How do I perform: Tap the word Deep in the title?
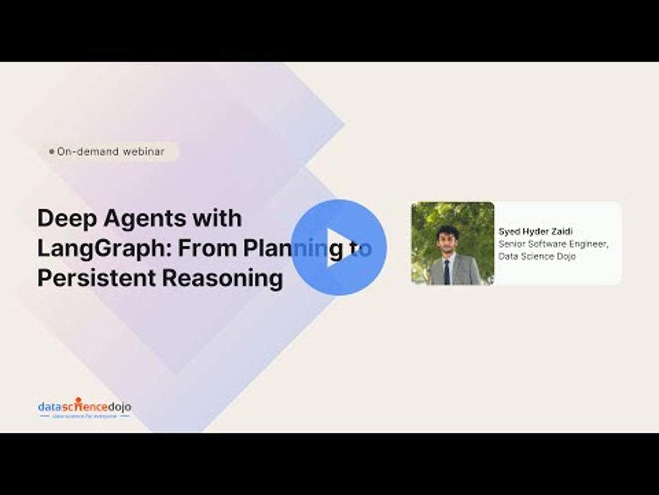(62, 218)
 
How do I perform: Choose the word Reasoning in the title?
(222, 278)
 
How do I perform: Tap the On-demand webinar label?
(110, 151)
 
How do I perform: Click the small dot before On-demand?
(52, 151)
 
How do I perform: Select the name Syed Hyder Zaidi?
(535, 232)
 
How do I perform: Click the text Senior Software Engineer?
(553, 244)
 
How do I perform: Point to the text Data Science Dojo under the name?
(537, 256)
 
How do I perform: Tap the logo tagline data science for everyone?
(85, 416)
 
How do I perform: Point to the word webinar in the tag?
(143, 151)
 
